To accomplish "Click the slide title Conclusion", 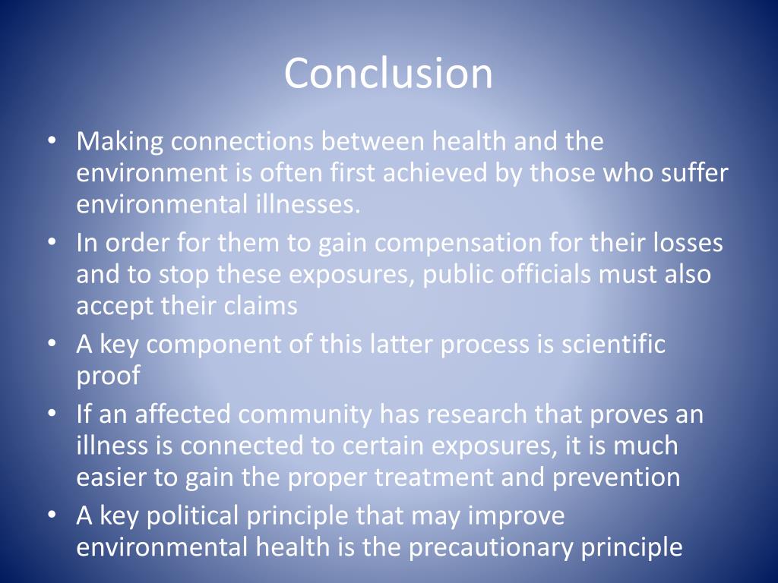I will tap(388, 73).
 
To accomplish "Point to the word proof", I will tap(108, 376).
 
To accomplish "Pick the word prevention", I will tap(616, 477).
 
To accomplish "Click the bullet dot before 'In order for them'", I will tap(51, 243).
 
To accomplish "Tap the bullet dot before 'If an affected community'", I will tap(51, 414).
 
